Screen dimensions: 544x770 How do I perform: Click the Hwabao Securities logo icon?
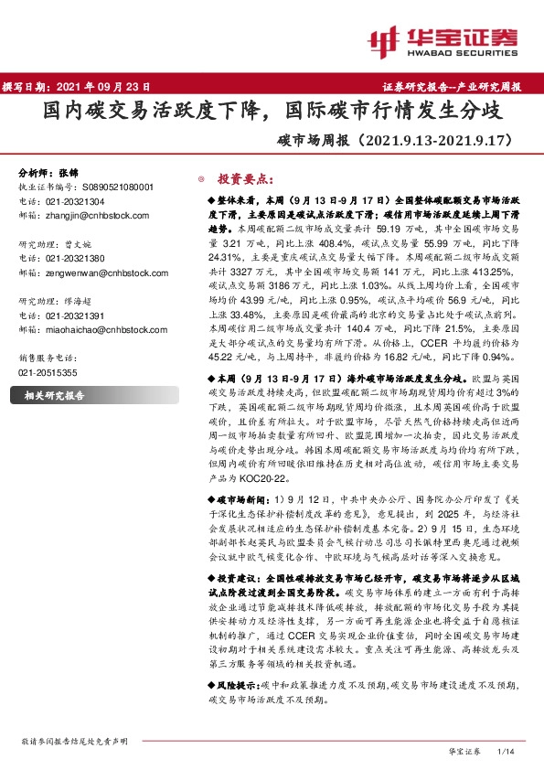(x=385, y=41)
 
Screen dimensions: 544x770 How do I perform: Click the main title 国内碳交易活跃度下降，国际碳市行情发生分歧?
(x=272, y=112)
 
